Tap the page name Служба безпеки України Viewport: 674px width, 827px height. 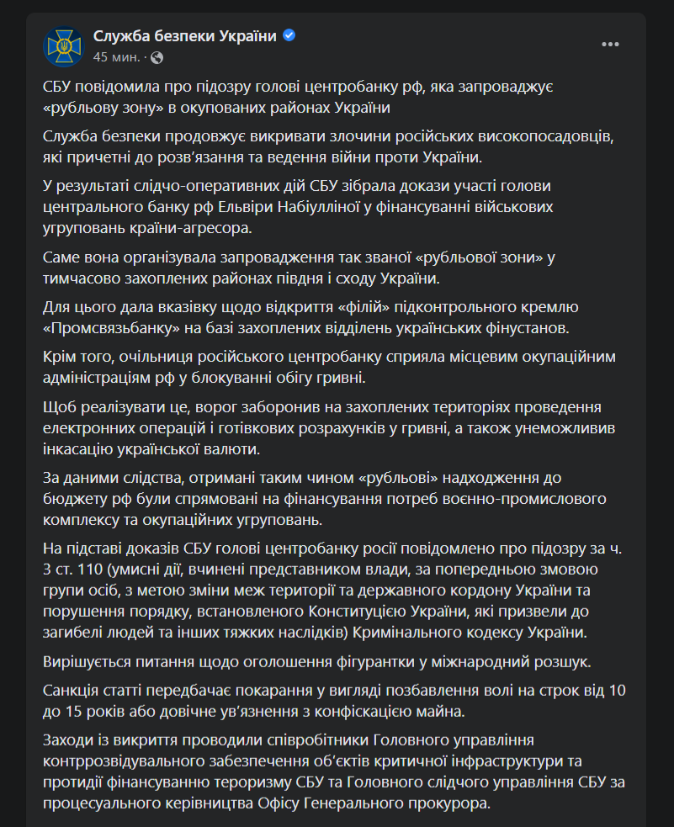click(184, 36)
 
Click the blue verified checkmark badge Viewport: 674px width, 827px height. click(289, 36)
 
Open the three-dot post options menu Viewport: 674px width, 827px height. click(611, 45)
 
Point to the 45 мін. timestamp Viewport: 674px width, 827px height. click(116, 57)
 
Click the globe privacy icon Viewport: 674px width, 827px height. click(157, 57)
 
